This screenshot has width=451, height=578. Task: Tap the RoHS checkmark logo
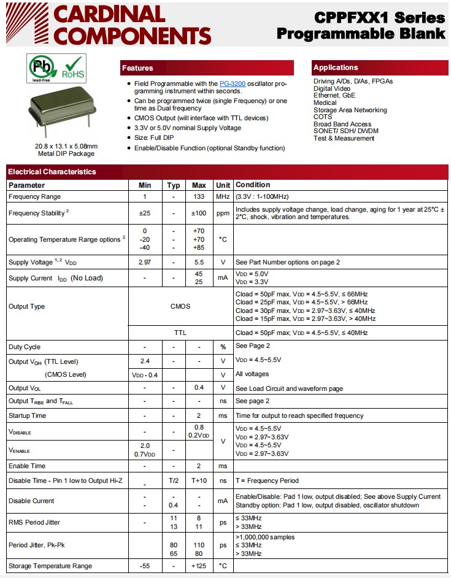(x=72, y=68)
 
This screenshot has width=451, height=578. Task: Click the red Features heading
(x=137, y=68)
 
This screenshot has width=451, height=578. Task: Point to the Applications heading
(x=335, y=67)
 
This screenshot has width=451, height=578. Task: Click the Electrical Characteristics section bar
(x=52, y=172)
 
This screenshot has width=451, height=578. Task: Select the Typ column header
(x=174, y=185)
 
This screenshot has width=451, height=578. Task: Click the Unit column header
(x=223, y=185)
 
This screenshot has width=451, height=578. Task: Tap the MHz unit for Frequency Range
(x=223, y=197)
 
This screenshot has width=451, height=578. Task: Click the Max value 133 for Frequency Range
(x=199, y=197)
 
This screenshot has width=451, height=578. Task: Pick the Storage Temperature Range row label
(x=50, y=566)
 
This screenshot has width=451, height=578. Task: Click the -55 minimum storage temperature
(x=145, y=566)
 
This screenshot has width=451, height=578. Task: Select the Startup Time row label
(x=27, y=415)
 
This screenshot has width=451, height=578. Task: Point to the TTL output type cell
(x=180, y=333)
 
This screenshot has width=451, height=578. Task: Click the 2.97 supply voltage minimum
(x=145, y=262)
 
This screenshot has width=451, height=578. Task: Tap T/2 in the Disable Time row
(x=174, y=480)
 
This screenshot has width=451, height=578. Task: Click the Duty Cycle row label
(x=25, y=347)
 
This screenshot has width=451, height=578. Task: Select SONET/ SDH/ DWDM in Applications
(x=346, y=131)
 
